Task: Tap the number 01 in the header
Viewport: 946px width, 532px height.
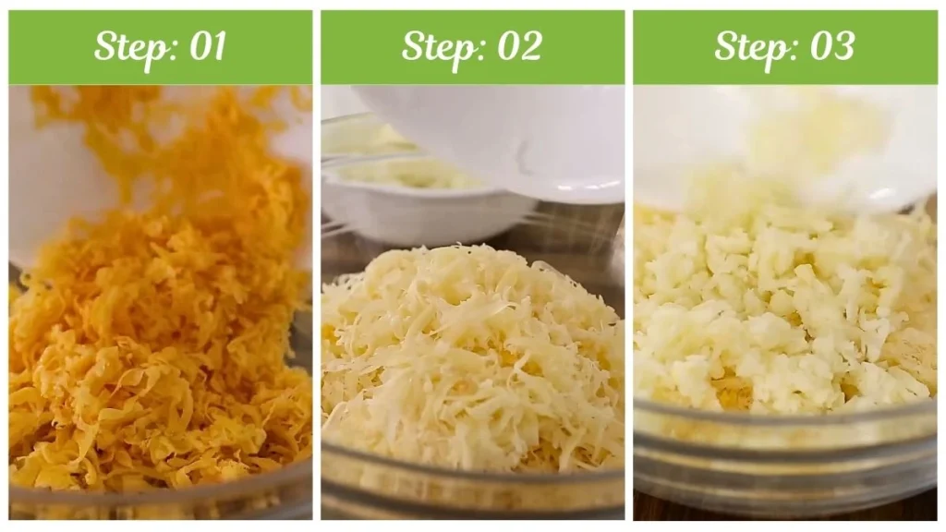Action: coord(207,47)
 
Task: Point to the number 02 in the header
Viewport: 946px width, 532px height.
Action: coord(518,47)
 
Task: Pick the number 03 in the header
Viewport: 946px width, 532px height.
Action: coord(831,47)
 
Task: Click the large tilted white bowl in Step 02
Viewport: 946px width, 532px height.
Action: coord(499,139)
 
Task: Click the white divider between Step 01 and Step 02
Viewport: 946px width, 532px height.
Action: coord(316,277)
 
